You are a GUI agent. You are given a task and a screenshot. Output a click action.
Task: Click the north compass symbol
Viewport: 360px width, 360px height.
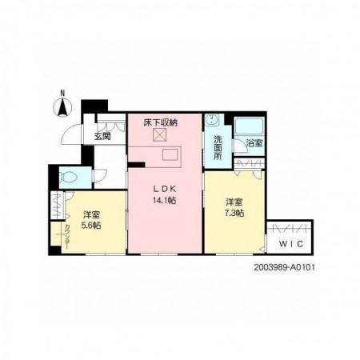(62, 107)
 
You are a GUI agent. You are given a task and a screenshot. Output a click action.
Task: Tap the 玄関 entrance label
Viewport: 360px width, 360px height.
(102, 137)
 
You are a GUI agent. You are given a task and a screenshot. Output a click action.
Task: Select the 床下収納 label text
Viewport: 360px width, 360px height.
(161, 122)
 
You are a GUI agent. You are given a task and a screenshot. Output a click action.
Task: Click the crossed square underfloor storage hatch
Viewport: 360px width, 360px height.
(159, 135)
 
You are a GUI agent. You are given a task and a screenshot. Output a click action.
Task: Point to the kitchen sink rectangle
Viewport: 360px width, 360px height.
(170, 154)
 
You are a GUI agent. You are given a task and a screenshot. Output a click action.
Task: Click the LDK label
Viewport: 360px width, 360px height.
(164, 189)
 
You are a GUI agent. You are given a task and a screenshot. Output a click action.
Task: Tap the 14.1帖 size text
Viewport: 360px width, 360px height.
(164, 200)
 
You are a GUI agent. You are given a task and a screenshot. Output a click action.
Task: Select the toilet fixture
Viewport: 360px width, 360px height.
(68, 177)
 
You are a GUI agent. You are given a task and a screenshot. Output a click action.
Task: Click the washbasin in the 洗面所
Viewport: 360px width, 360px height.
(212, 120)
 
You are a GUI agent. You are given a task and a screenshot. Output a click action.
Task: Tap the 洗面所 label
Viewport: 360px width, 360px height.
(218, 147)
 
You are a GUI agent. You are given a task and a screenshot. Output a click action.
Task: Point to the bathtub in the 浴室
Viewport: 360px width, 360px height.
(249, 126)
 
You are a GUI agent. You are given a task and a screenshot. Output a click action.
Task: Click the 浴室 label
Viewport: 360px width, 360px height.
(254, 143)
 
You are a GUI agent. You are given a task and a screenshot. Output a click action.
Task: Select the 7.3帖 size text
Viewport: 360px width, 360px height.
(234, 214)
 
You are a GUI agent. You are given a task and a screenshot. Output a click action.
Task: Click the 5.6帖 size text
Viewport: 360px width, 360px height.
(91, 226)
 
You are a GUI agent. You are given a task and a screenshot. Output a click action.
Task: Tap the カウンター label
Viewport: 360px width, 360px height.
(67, 236)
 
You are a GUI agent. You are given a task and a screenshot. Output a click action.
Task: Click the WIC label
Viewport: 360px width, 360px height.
(291, 244)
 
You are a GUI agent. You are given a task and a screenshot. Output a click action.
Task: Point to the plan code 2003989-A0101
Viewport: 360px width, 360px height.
(284, 267)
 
